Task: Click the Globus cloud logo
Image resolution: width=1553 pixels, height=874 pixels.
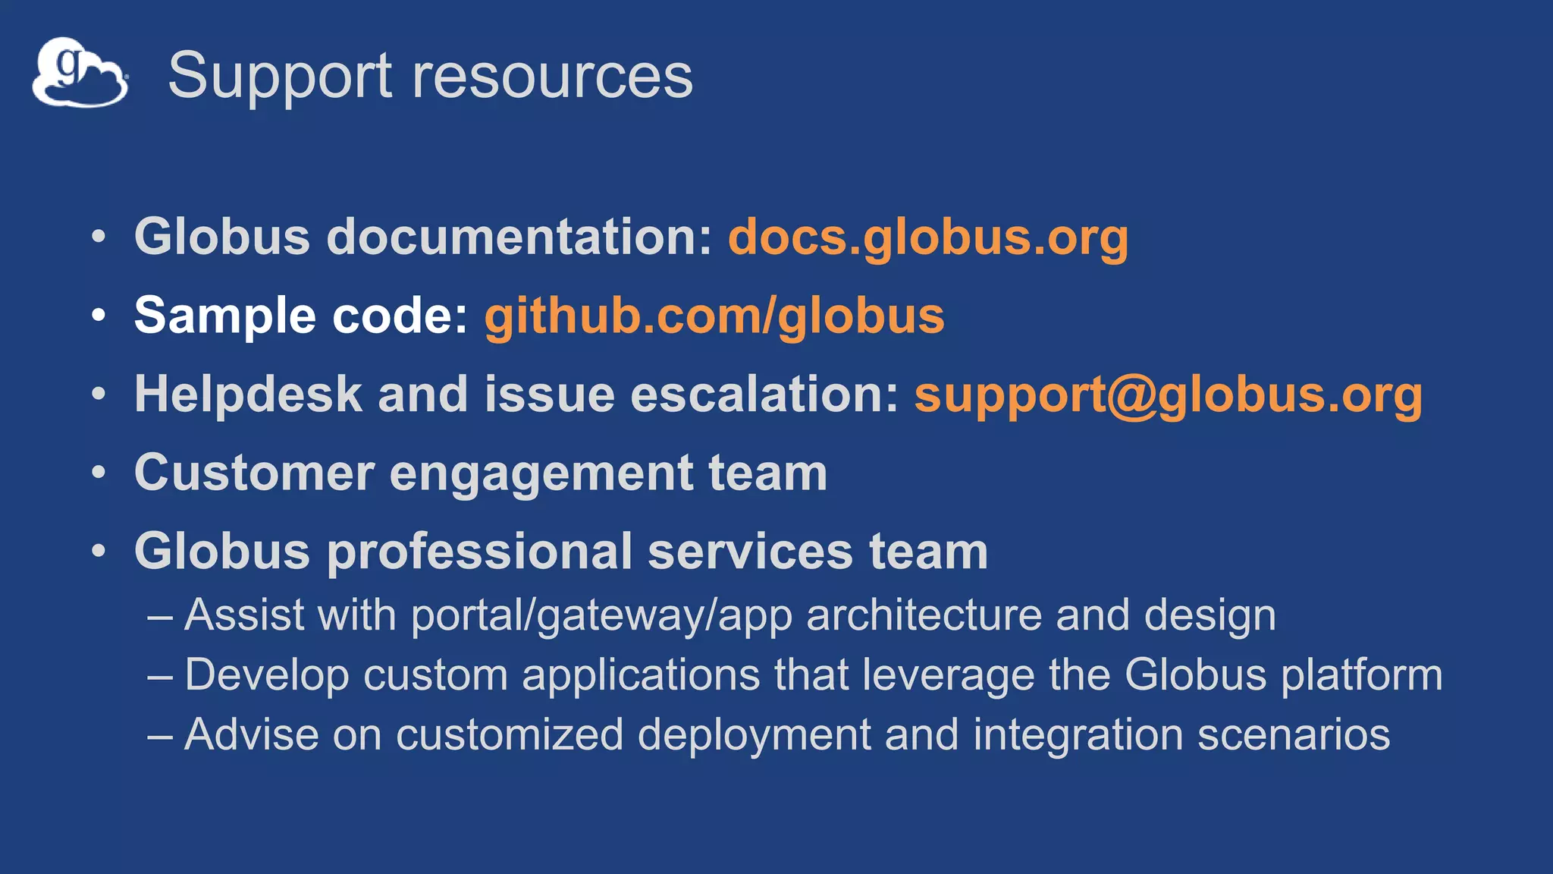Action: [80, 73]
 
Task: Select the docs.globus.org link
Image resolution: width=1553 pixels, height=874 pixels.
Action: [927, 237]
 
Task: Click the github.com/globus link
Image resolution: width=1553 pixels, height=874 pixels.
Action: [714, 316]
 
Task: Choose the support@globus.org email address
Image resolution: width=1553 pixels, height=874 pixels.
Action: [1168, 395]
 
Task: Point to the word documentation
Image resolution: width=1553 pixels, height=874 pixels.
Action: [519, 237]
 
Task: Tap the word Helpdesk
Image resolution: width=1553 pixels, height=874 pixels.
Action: [249, 395]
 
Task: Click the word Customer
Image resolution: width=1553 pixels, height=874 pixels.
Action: [254, 473]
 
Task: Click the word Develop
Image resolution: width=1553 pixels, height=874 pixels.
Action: [266, 675]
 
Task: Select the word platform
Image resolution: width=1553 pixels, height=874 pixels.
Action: [1361, 675]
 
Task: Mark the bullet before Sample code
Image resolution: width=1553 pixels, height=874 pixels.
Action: [99, 316]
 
